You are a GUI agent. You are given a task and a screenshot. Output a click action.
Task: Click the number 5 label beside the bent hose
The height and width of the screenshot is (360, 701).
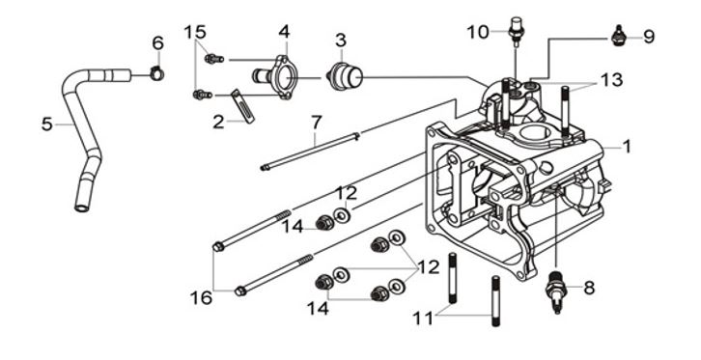click(x=47, y=125)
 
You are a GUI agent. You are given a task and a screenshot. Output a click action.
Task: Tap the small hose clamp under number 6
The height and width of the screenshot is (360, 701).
click(x=157, y=72)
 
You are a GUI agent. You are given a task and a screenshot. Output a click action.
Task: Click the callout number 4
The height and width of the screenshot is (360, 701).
click(x=284, y=32)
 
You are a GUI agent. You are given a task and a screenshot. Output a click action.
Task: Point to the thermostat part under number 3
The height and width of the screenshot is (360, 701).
click(x=344, y=76)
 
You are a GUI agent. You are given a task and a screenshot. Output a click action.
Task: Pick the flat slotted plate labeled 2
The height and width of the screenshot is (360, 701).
click(x=242, y=106)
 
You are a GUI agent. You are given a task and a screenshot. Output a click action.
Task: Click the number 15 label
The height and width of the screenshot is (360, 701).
click(x=195, y=32)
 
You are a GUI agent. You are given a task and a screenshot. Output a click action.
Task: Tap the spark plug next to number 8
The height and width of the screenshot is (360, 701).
click(x=556, y=291)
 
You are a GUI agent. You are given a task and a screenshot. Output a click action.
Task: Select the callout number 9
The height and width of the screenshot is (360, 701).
click(x=649, y=36)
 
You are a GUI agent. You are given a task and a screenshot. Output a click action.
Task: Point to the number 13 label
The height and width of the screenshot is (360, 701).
click(x=611, y=79)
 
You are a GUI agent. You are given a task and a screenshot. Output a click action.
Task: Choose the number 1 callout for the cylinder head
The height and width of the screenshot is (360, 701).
click(x=628, y=146)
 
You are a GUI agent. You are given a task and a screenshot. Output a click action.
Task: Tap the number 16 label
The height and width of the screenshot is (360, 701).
click(x=201, y=297)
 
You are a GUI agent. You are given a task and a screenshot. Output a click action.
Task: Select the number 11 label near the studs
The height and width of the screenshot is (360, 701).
click(x=423, y=318)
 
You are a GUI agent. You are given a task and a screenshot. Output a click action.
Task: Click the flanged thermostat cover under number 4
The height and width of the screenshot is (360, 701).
click(x=272, y=77)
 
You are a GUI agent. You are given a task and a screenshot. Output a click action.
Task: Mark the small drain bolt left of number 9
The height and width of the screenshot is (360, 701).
click(x=618, y=36)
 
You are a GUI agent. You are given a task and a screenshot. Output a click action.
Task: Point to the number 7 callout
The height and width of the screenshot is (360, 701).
click(x=316, y=122)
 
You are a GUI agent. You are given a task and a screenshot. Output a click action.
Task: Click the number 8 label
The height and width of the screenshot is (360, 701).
click(x=589, y=288)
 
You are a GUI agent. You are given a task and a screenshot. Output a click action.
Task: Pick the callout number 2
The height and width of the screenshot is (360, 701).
click(x=218, y=122)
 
